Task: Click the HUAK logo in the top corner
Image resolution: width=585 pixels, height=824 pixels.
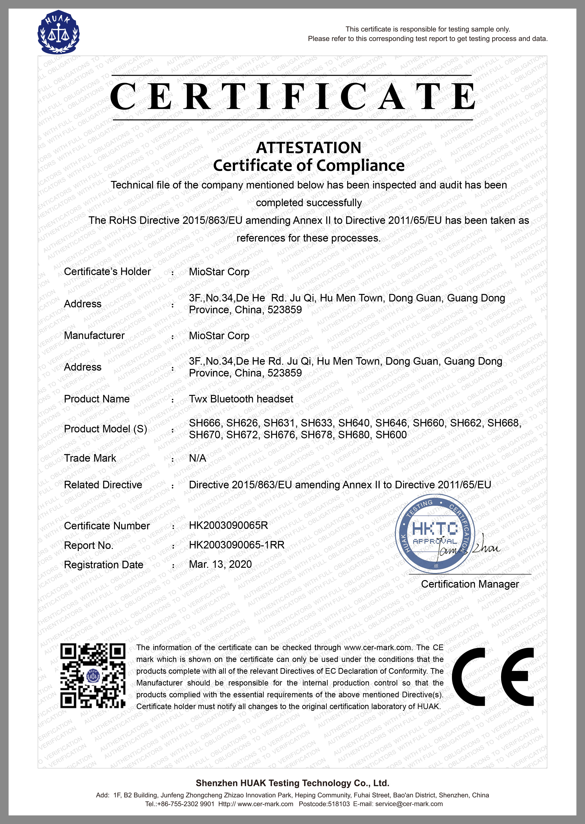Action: point(58,32)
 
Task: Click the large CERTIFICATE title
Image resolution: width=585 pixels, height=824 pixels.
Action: point(292,96)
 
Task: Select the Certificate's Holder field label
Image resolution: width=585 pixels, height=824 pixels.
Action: point(107,272)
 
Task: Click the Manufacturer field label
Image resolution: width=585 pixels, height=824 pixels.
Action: point(94,335)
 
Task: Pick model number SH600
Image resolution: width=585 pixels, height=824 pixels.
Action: point(391,435)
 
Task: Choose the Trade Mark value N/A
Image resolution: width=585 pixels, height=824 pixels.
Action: point(197,458)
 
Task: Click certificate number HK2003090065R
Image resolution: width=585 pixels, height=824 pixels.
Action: point(228,525)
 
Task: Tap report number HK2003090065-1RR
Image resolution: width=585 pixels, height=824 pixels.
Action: point(237,545)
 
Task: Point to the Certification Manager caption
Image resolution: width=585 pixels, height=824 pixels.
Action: point(470,584)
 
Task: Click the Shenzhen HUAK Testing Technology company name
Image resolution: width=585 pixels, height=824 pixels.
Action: point(292,783)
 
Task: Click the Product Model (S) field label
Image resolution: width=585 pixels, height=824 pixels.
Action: point(105,429)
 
